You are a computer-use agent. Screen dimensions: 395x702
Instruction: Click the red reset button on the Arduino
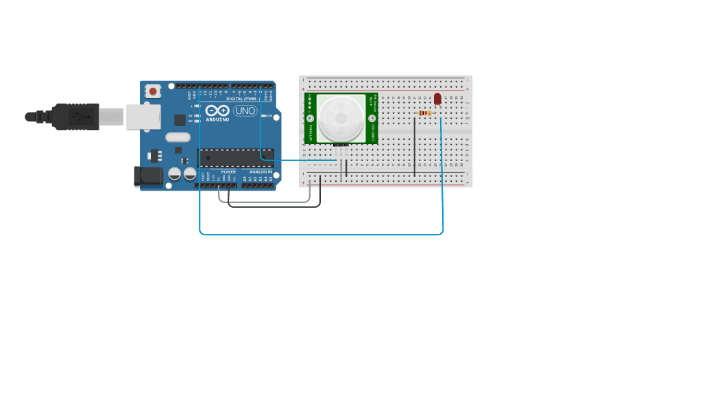point(153,91)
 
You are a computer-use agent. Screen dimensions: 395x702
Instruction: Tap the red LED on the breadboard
point(437,99)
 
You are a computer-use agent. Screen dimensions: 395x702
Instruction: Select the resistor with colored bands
point(424,113)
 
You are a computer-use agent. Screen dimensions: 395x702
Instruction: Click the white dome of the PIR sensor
point(341,118)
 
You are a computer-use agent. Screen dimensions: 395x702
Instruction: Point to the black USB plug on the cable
point(75,117)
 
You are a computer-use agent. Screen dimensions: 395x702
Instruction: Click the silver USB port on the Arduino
point(143,117)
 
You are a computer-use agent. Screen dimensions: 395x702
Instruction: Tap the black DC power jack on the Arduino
point(148,176)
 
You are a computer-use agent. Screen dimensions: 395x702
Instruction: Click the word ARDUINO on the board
point(217,119)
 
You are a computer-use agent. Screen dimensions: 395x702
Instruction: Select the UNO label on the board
point(245,110)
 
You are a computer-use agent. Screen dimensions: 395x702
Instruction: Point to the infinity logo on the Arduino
point(217,110)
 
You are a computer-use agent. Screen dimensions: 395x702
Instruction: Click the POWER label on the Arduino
point(228,172)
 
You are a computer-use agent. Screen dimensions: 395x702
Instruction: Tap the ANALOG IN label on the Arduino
point(261,172)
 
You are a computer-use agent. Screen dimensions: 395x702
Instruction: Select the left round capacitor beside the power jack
point(175,173)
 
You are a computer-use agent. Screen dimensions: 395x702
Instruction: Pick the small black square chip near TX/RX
point(180,120)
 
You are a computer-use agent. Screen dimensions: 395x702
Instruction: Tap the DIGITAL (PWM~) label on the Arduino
point(243,99)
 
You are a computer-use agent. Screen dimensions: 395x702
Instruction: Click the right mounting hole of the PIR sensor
point(372,118)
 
